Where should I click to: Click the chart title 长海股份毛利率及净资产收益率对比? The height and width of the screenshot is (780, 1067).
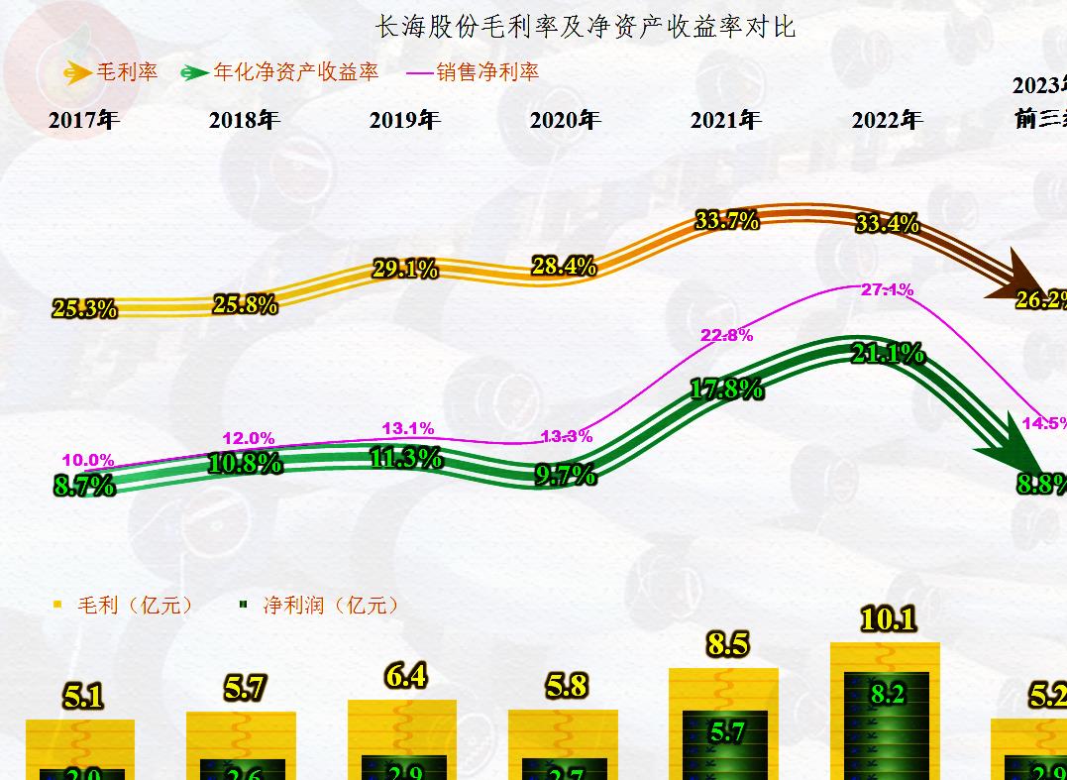[585, 27]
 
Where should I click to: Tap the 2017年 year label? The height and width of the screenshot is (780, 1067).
[84, 121]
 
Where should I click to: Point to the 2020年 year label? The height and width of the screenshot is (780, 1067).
[565, 121]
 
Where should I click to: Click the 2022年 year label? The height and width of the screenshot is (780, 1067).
[887, 121]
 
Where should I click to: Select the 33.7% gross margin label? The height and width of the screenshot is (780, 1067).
[727, 221]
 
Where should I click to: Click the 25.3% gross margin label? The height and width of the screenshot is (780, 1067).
[84, 309]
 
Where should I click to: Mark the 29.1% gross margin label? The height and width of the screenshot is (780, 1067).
[404, 269]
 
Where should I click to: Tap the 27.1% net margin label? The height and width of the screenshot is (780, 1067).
[888, 290]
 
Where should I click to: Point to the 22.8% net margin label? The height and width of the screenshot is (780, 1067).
[726, 336]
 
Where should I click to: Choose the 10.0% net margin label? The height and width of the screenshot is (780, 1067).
[88, 461]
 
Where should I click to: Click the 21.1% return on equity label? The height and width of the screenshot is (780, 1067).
[888, 353]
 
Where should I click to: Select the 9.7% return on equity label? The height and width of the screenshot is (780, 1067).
[566, 476]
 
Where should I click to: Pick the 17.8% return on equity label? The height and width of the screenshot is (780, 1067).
[726, 390]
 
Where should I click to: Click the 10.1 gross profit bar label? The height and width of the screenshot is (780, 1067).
[889, 620]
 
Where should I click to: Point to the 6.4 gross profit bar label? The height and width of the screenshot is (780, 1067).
[406, 676]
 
